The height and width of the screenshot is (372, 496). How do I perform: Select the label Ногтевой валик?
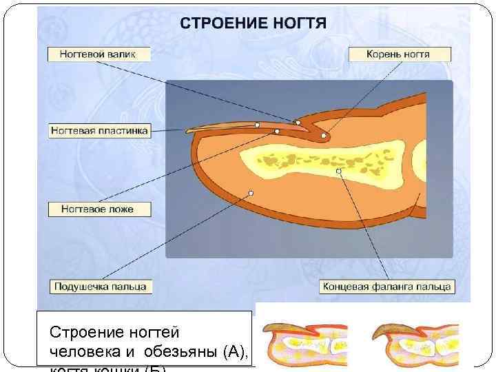(99, 54)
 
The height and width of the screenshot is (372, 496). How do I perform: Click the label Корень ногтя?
(399, 54)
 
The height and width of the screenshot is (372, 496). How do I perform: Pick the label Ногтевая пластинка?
(99, 130)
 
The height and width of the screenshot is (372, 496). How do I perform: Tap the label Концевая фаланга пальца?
(386, 285)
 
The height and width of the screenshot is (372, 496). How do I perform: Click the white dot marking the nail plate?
(256, 125)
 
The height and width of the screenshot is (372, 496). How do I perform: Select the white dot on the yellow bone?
(338, 170)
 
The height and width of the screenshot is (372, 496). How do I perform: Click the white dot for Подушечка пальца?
(251, 194)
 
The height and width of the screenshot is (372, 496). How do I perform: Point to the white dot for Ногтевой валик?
(298, 123)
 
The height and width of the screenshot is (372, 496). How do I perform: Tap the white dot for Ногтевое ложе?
(277, 131)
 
